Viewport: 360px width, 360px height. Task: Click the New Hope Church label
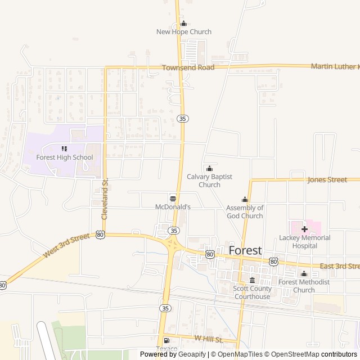tap(184, 32)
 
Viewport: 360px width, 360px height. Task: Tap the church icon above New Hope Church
tap(183, 24)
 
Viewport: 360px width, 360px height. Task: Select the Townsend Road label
tap(188, 67)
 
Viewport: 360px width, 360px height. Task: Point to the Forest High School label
tap(65, 157)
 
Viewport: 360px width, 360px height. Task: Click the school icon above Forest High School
tap(65, 149)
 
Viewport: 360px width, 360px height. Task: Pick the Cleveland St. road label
tap(104, 199)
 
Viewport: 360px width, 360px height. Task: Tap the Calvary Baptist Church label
tap(209, 181)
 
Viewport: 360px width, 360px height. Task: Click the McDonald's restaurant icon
tap(173, 199)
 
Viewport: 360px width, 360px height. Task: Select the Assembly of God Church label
tap(245, 211)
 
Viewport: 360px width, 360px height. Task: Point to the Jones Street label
tap(327, 180)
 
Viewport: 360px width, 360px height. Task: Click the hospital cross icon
tap(304, 229)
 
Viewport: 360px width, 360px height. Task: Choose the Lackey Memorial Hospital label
tap(304, 242)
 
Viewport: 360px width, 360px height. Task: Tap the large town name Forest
tap(245, 250)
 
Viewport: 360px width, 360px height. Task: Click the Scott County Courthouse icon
tap(252, 281)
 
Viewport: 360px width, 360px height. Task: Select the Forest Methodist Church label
tap(304, 286)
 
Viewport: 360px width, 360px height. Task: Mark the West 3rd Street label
tap(66, 246)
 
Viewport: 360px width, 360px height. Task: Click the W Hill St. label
tap(209, 339)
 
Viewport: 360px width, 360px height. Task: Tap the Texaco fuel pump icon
tap(166, 340)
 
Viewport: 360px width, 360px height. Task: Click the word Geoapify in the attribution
tap(192, 354)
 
